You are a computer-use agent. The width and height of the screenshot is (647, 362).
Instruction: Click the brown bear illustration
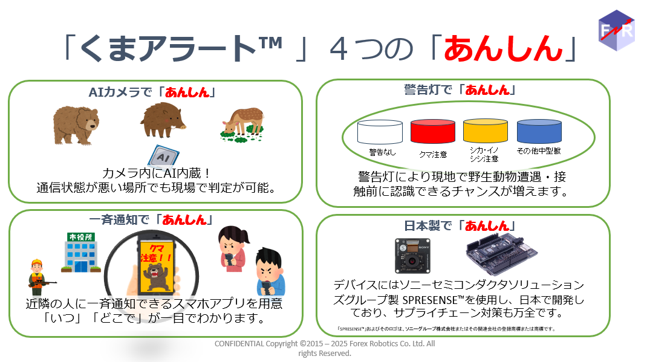(x=76, y=125)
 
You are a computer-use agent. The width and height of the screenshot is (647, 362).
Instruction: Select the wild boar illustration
(x=163, y=120)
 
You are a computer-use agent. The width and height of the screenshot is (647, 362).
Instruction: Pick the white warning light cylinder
(x=380, y=132)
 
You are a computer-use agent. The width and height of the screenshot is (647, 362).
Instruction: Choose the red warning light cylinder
(x=433, y=132)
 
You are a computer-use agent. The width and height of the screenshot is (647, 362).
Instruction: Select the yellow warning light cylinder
(x=486, y=131)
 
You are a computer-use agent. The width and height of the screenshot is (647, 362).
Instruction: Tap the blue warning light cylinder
(x=539, y=131)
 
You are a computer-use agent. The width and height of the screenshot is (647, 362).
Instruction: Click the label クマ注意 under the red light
(x=434, y=155)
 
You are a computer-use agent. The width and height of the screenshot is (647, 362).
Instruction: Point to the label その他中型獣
(x=539, y=151)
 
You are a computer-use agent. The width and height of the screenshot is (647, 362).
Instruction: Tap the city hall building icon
(x=81, y=253)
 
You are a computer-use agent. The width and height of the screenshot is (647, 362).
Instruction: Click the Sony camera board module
(x=412, y=256)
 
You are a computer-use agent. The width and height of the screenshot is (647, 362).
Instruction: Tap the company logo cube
(x=617, y=30)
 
